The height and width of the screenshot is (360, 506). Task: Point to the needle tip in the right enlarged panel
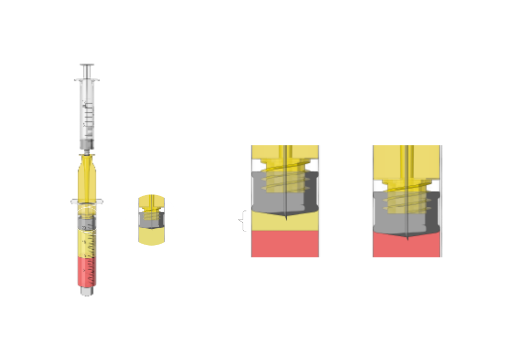[x=407, y=238]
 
